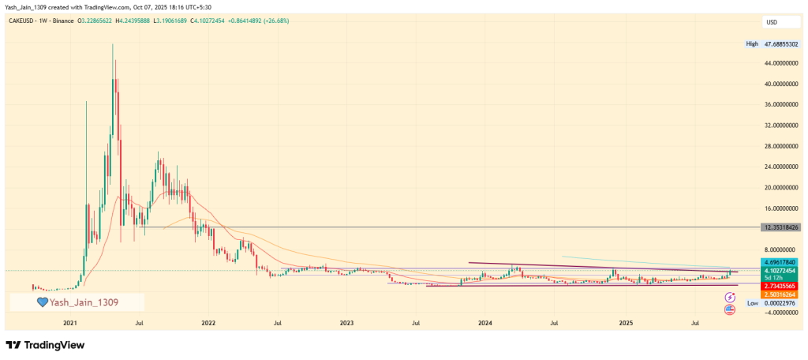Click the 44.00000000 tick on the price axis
pos(781,62)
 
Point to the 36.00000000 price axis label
pos(781,104)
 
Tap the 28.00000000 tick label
pos(781,146)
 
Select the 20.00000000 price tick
pos(781,188)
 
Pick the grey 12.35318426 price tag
pos(781,227)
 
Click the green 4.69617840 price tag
pos(781,261)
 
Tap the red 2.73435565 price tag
pos(781,285)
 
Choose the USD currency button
pos(772,21)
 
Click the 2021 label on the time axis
pos(70,324)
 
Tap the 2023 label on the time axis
pos(346,324)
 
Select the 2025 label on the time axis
pos(626,324)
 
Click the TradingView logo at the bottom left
pos(45,345)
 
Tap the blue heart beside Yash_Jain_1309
pos(43,302)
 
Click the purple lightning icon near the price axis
pos(730,295)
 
